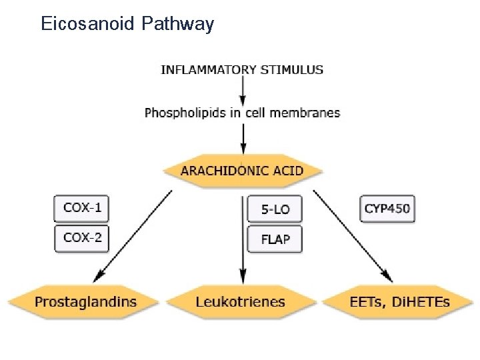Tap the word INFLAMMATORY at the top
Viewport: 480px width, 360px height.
click(203, 69)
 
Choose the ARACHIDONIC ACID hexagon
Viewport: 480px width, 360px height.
click(243, 170)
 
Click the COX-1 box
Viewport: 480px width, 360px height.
click(82, 207)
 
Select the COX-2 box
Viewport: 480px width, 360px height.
click(82, 237)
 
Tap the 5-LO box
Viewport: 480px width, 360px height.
click(275, 209)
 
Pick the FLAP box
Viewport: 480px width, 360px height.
click(275, 239)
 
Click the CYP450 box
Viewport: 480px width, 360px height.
click(387, 209)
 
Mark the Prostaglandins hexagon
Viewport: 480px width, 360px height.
click(85, 301)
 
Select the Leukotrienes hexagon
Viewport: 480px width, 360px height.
click(241, 301)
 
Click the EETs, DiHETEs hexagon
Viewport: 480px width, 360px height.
click(399, 301)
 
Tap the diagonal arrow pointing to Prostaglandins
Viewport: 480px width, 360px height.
click(137, 233)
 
